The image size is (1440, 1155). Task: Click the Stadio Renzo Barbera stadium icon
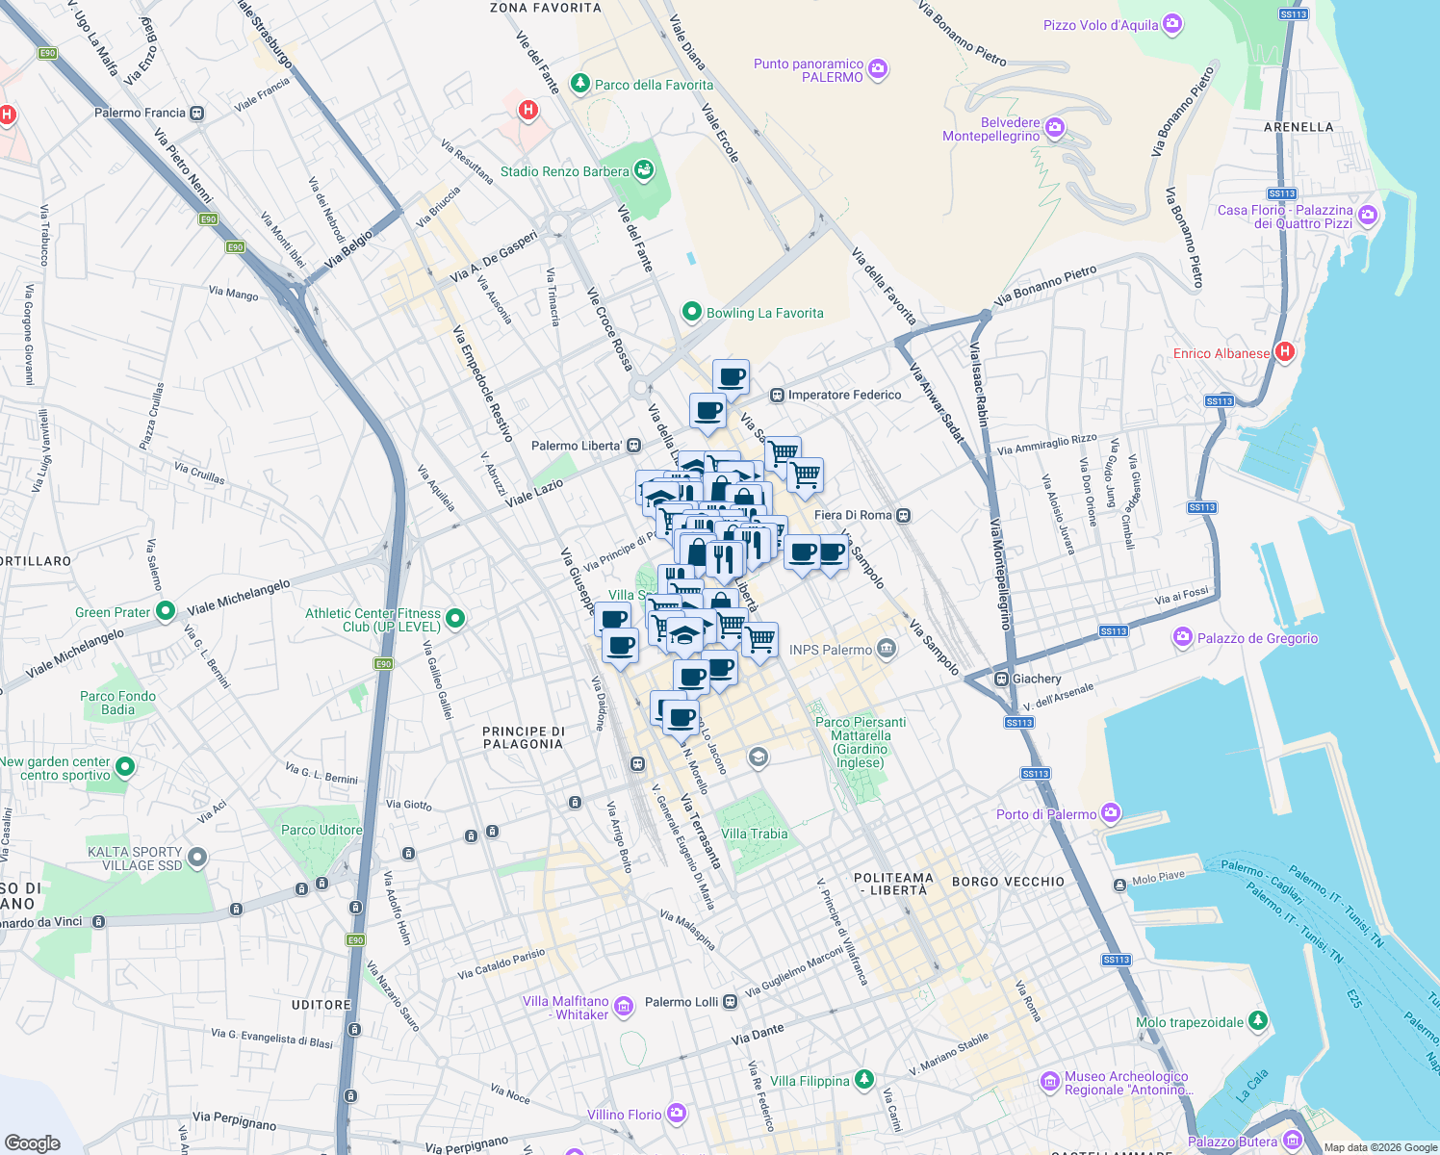[x=644, y=171]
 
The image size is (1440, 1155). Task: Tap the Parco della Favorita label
[x=654, y=85]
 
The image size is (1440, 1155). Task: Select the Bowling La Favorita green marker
[x=691, y=312]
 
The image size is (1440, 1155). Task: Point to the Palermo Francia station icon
[x=197, y=113]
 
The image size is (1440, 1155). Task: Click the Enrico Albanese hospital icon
[x=1284, y=352]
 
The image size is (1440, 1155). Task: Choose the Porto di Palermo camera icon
[x=1111, y=813]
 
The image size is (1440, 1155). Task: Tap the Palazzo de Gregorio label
[x=1257, y=638]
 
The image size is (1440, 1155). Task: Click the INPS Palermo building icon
[x=887, y=649]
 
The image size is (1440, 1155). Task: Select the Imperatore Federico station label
[x=844, y=395]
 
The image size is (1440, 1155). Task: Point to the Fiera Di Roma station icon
[x=903, y=515]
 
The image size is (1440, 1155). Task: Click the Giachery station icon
[x=1002, y=679]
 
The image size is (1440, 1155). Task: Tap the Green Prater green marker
[x=165, y=611]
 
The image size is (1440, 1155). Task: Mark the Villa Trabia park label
[x=754, y=834]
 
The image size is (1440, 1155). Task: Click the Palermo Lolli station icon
[x=731, y=1002]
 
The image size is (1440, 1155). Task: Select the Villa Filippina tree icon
[x=864, y=1080]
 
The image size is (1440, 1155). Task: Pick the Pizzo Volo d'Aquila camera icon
[x=1171, y=24]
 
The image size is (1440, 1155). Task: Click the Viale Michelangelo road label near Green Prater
[x=239, y=597]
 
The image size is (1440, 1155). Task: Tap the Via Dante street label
[x=758, y=1035]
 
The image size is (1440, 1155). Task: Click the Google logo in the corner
[x=32, y=1142]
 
